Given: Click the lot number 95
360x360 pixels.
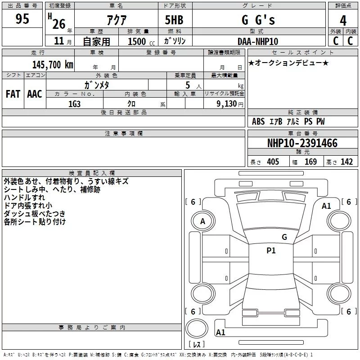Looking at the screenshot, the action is click(22, 19).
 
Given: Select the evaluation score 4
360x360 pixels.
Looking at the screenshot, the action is click(343, 20).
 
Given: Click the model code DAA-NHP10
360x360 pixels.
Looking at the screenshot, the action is click(258, 41).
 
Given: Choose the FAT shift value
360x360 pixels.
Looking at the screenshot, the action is click(13, 94).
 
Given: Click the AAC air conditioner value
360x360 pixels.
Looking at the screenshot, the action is click(35, 94).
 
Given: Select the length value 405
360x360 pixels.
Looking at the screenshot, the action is click(273, 162).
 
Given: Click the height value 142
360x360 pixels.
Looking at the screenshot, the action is click(346, 162).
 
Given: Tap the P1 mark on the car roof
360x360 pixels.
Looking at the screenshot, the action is click(271, 251).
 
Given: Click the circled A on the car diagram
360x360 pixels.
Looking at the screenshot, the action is click(202, 221).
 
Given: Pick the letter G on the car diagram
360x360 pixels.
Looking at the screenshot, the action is click(284, 237).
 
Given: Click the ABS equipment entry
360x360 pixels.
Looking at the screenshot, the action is click(258, 121).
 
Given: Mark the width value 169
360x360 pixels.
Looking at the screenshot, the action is click(310, 162).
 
